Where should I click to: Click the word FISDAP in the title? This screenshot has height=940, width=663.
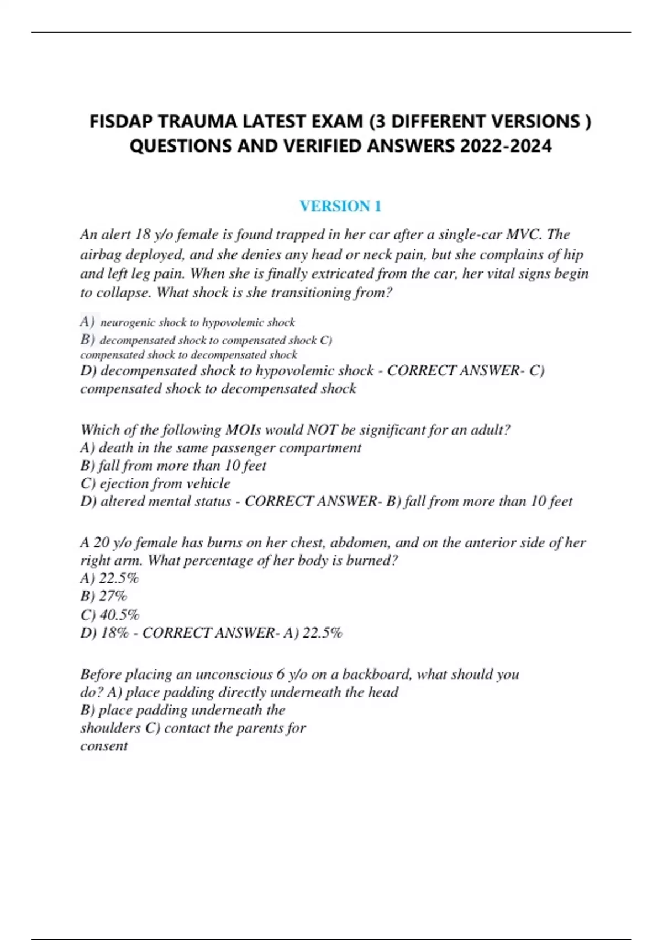point(121,121)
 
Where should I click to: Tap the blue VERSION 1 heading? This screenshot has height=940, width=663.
point(340,206)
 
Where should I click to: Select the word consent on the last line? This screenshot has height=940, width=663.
point(104,746)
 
